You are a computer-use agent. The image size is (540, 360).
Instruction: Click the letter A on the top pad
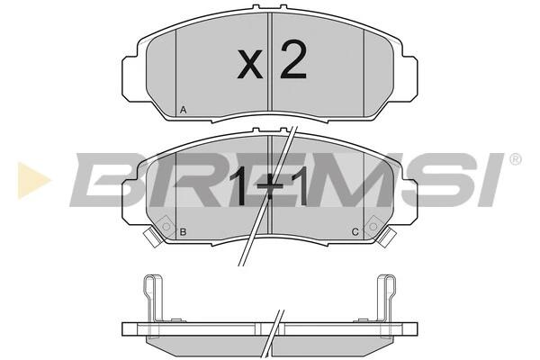coord(184,110)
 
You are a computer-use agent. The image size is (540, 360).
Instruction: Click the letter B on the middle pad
coord(184,232)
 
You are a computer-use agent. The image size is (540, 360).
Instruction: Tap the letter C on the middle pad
coord(355,232)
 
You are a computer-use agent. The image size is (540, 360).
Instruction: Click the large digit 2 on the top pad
coord(293,59)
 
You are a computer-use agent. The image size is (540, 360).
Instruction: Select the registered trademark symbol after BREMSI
coord(516,158)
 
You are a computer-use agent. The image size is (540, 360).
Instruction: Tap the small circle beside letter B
coord(166,226)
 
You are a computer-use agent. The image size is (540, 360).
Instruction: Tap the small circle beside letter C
coord(373,226)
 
